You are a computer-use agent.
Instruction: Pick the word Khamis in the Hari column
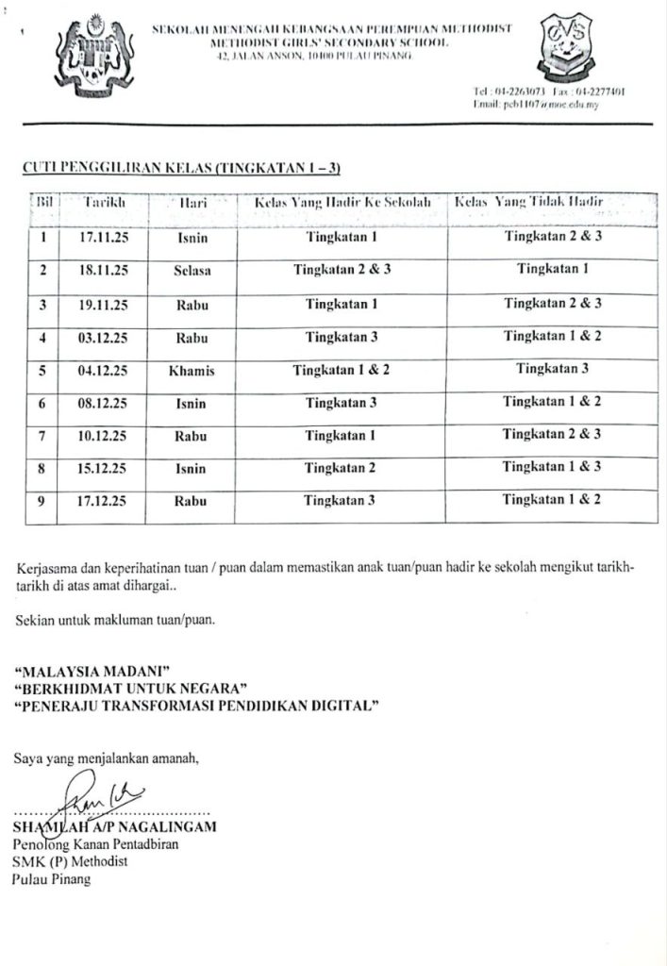coord(192,371)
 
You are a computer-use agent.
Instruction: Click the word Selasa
coord(192,271)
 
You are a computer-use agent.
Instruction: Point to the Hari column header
coord(192,203)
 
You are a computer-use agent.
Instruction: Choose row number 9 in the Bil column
coord(42,502)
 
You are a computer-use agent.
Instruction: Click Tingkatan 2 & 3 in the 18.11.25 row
coord(342,270)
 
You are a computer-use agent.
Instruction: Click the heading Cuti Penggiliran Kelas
coord(179,168)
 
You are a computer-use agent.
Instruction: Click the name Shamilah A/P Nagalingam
coord(115,827)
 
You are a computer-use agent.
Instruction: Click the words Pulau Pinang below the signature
coord(53,879)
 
